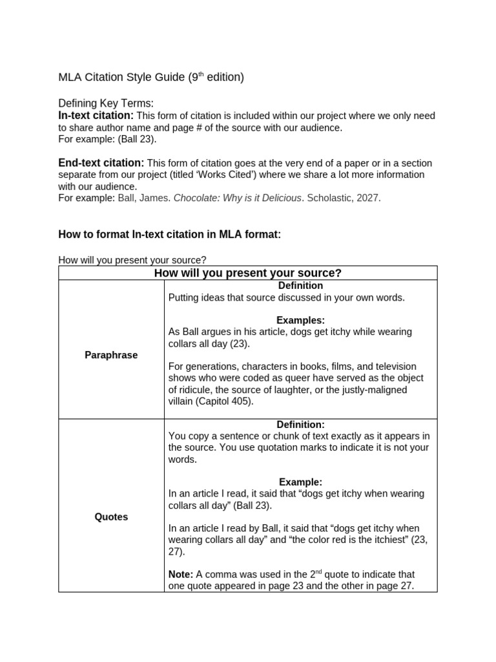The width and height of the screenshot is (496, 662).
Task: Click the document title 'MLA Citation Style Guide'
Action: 122,78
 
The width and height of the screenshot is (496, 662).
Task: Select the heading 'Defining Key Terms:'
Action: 106,103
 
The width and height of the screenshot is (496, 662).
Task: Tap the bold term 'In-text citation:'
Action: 96,116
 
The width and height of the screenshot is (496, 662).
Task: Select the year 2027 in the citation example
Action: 368,198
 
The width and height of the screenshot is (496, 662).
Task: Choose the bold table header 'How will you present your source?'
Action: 247,273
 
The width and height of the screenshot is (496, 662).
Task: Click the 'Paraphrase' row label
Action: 111,355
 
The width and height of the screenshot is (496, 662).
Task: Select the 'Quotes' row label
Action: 111,517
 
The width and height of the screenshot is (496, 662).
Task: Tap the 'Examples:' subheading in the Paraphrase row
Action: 300,320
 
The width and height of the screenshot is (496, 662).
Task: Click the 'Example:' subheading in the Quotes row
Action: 300,482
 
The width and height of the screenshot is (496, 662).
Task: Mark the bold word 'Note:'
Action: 180,574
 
